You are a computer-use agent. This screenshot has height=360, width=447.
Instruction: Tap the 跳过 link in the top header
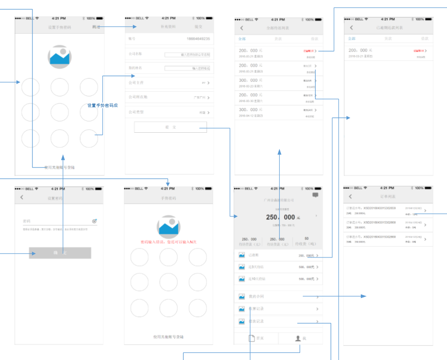pos(96,27)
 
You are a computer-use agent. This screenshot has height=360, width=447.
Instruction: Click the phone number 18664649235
pos(198,39)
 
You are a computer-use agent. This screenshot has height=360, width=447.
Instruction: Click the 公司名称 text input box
pos(187,55)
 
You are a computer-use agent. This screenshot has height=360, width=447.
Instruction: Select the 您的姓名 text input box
pos(187,68)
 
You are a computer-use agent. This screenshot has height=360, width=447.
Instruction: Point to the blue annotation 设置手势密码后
pos(103,105)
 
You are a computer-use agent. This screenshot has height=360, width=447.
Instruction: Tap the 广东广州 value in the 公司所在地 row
pos(200,97)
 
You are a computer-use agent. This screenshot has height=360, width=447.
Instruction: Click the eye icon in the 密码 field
pos(95,221)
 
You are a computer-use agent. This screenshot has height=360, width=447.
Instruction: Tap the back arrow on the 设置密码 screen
pos(22,198)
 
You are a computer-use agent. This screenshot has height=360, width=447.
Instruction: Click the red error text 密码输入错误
pos(168,242)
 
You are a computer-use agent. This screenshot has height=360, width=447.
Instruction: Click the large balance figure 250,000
pos(281,217)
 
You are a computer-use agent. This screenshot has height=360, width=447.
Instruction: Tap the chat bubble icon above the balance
pos(315,195)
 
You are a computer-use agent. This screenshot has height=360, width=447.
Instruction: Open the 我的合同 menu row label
pos(256,296)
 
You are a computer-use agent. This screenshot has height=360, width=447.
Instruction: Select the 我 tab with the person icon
pos(301,338)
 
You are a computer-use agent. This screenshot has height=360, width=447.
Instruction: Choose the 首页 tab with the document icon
pos(256,338)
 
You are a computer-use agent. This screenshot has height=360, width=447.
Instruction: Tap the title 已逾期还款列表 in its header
pos(390,28)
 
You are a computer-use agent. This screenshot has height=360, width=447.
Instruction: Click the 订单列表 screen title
pos(388,196)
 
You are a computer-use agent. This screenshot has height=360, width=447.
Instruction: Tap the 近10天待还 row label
pos(257,279)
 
